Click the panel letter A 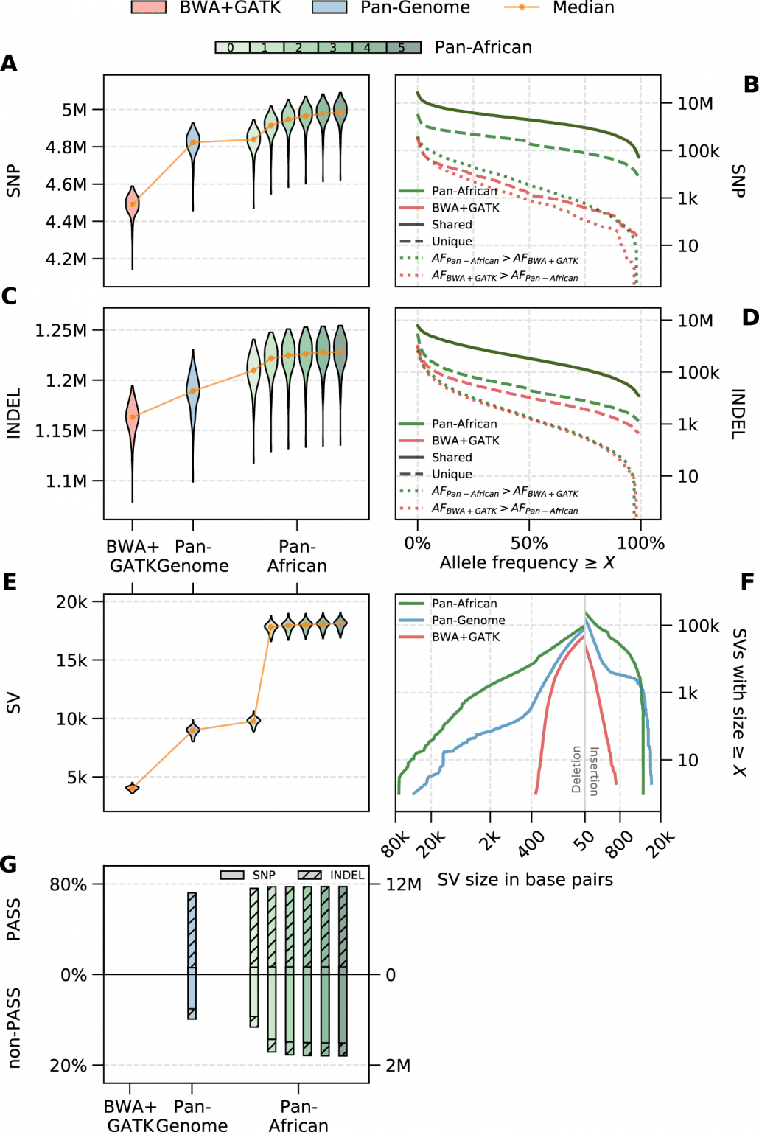point(9,63)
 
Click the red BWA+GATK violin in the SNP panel point(133,206)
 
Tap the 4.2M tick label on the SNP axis point(66,259)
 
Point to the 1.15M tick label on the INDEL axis point(61,430)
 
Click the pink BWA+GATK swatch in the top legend point(148,8)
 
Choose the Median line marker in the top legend point(522,7)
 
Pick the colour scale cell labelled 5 point(403,47)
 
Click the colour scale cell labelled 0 point(231,47)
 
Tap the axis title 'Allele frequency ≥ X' point(527,563)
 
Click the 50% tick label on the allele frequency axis point(528,544)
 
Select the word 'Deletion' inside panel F point(576,769)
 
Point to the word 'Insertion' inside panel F point(594,771)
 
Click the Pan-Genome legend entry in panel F point(468,621)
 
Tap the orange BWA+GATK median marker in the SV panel point(133,788)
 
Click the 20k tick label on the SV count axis point(71,602)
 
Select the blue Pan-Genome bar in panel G point(192,955)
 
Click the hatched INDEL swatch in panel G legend point(309,875)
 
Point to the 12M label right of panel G point(403,884)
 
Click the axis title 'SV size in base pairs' point(525,879)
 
